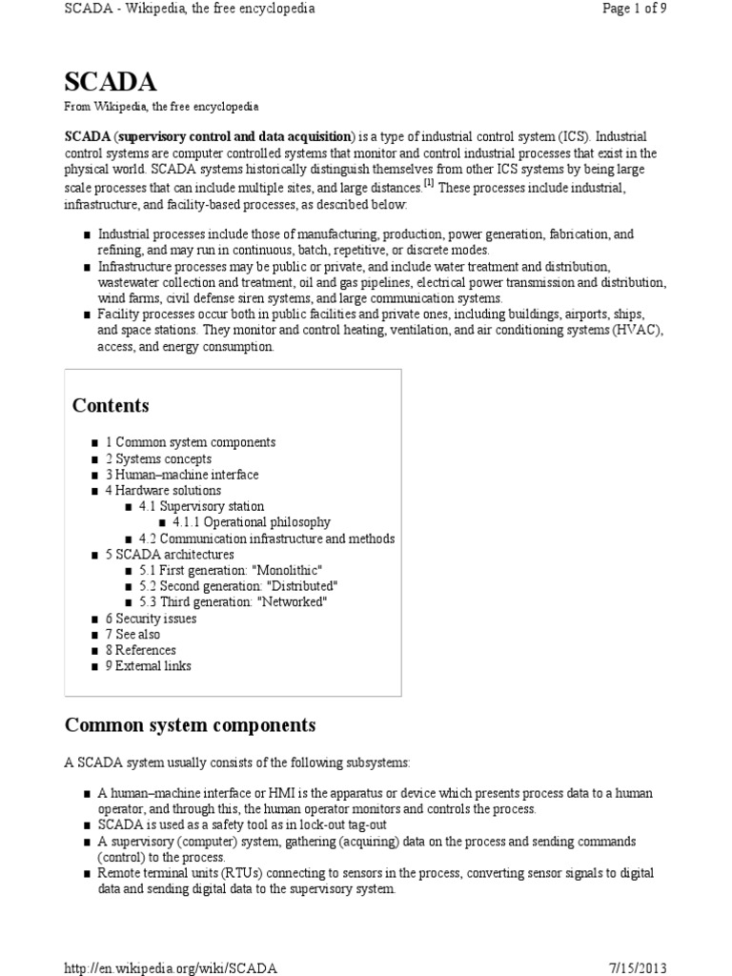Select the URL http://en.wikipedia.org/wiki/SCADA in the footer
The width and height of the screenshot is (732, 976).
click(171, 967)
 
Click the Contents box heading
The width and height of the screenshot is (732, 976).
click(111, 405)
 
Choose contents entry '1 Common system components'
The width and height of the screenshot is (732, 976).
click(190, 442)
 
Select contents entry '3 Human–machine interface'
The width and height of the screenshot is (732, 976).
click(181, 475)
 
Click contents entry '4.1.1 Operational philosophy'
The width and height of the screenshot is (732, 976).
click(252, 522)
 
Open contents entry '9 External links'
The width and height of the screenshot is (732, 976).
click(148, 666)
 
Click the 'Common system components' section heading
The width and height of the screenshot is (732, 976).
click(190, 725)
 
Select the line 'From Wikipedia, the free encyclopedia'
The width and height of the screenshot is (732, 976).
click(161, 107)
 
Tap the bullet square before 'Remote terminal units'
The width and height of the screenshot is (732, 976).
click(87, 874)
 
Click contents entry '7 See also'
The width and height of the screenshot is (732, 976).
click(132, 634)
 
